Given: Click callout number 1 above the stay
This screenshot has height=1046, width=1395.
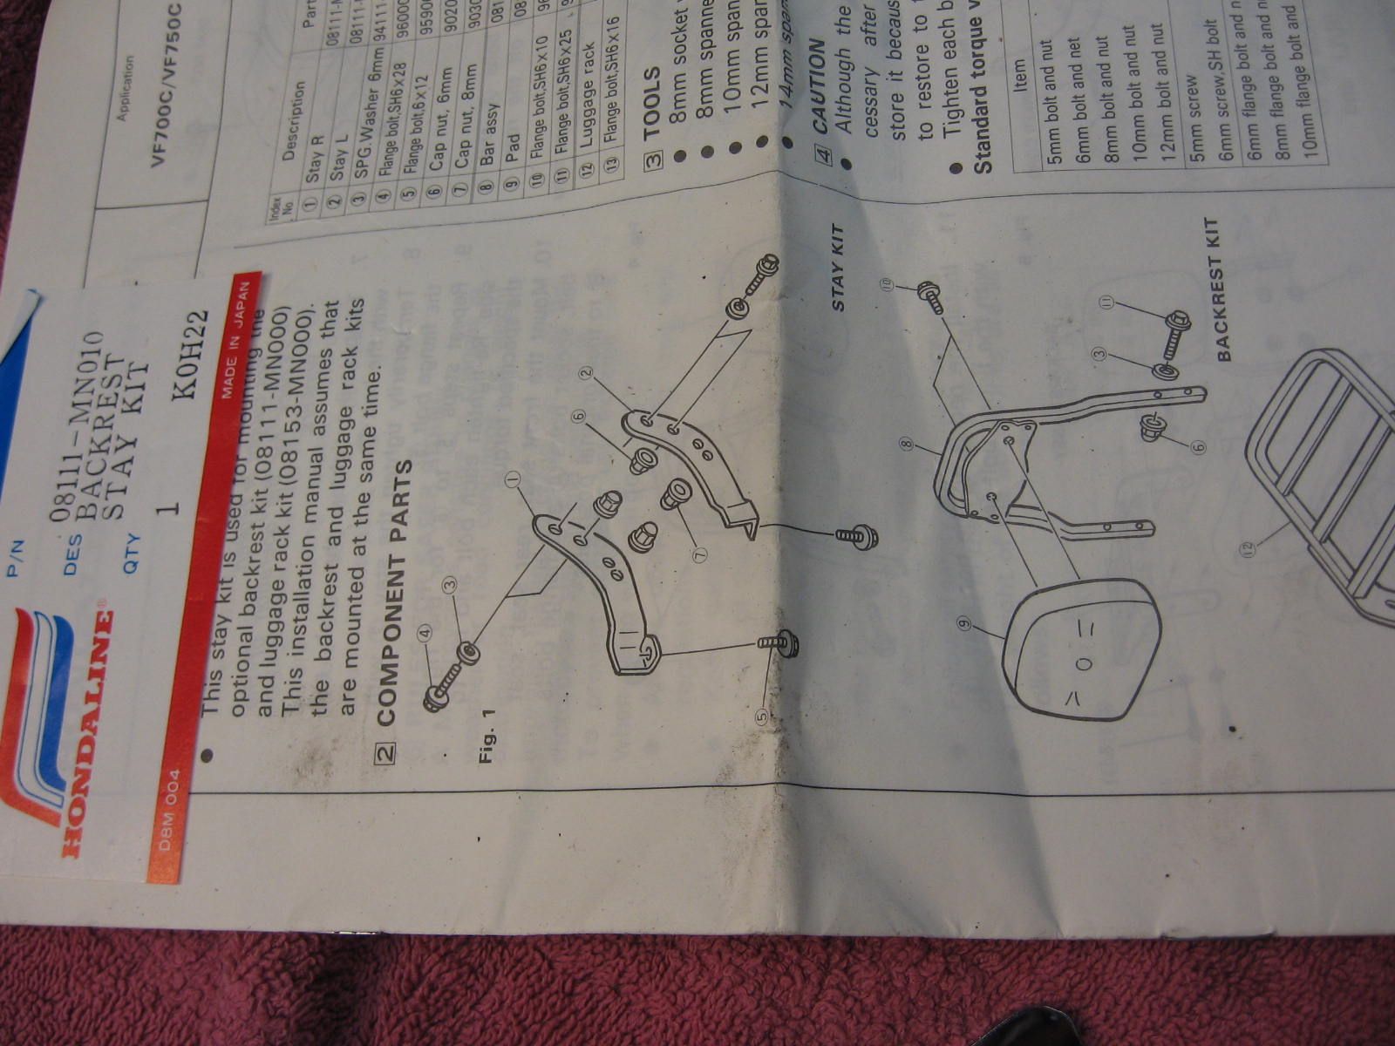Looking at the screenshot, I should (x=513, y=479).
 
